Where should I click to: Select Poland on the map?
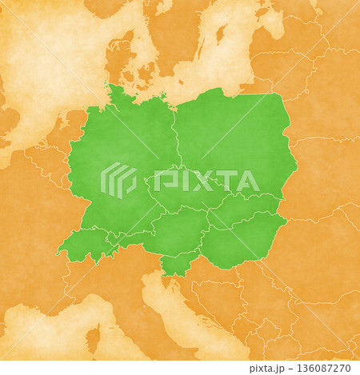tap(232, 136)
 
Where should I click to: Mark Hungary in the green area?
tap(240, 240)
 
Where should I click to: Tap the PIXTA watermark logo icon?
tap(118, 180)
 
